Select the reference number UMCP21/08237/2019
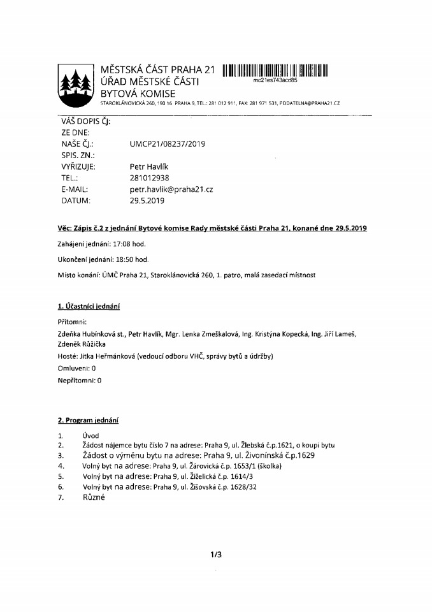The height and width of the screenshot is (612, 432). [x=168, y=144]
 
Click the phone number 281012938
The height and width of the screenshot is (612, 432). [x=150, y=178]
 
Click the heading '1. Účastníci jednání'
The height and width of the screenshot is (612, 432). [x=89, y=307]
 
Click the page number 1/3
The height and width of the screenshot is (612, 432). [x=216, y=555]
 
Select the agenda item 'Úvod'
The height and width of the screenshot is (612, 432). [x=91, y=436]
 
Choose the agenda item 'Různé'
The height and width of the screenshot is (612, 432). [x=93, y=497]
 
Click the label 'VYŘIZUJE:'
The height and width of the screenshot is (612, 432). [x=78, y=167]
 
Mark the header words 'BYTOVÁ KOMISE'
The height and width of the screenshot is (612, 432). [x=137, y=93]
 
